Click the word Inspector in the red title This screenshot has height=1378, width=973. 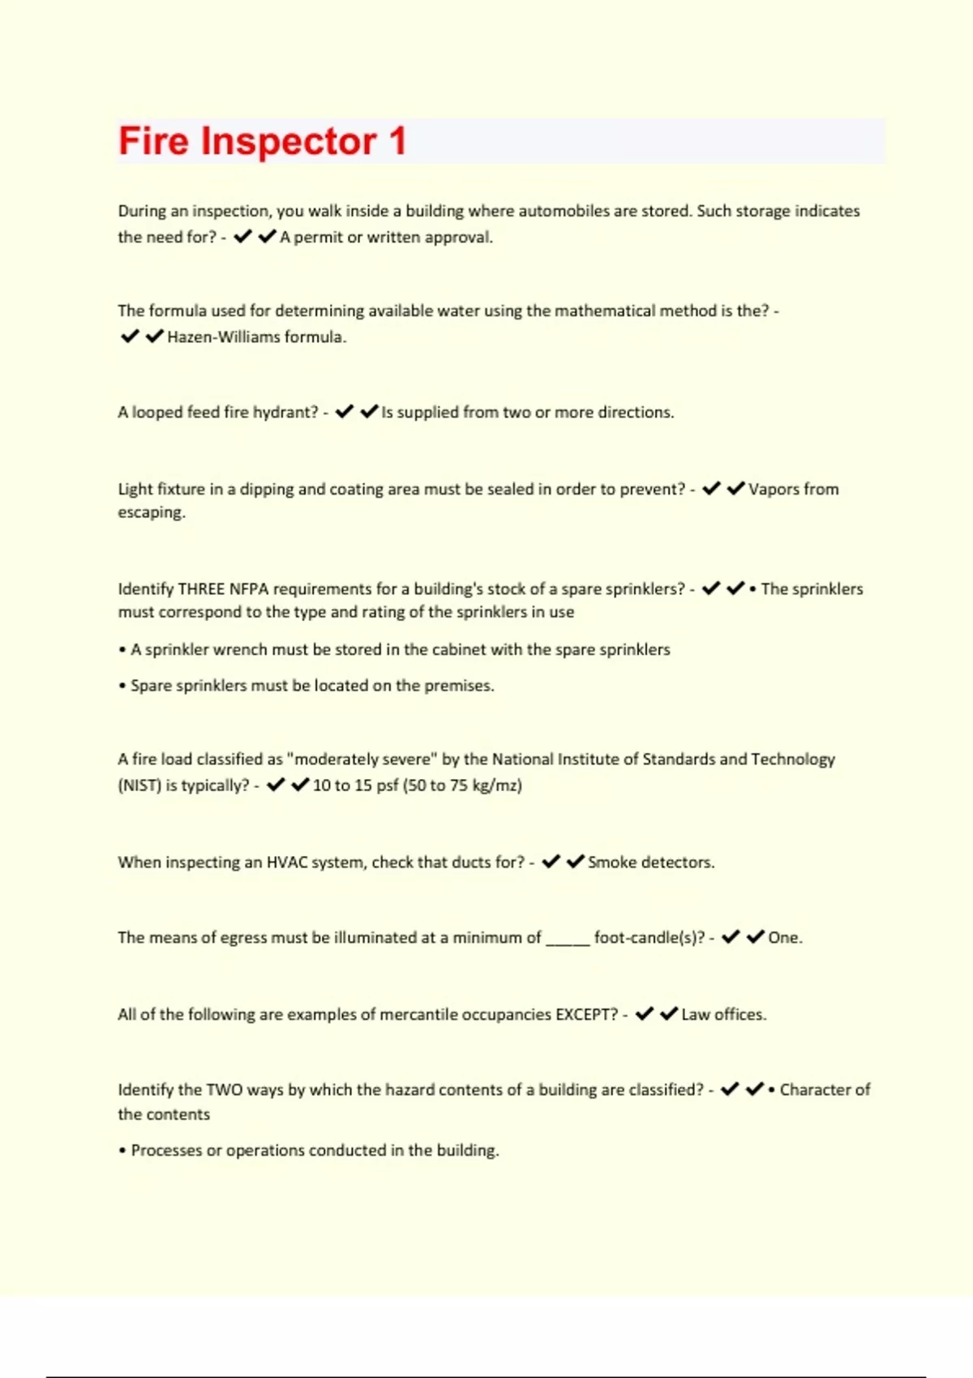coord(288,142)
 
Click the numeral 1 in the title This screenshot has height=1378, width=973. coord(397,141)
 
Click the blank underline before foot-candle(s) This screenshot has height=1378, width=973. coord(568,939)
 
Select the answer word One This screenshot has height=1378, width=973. coord(784,938)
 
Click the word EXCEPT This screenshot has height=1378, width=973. coord(586,1015)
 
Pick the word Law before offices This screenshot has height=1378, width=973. coord(696,1015)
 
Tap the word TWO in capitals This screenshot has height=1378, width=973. coord(224,1090)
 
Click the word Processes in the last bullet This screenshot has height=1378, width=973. coord(166,1151)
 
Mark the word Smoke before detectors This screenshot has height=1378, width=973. coord(611,862)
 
